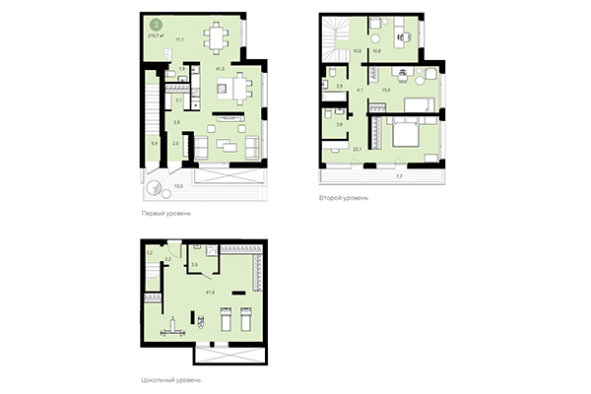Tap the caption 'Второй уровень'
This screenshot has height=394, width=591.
coord(343,197)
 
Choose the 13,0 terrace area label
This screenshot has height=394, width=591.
coord(177,184)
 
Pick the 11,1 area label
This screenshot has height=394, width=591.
coord(179,40)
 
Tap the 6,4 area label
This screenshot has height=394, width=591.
coord(154,143)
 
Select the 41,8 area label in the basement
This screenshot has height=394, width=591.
coord(209,293)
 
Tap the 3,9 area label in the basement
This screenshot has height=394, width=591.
coord(195,265)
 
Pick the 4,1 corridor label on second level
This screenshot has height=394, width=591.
coord(361,91)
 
